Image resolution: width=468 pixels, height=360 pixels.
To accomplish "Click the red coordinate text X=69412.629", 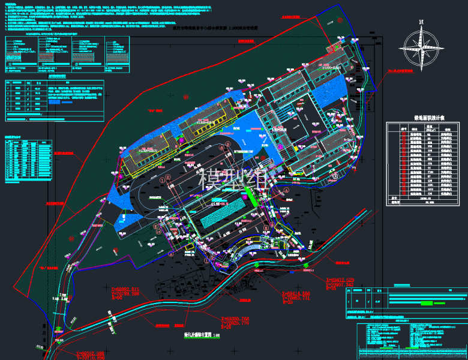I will (344, 280).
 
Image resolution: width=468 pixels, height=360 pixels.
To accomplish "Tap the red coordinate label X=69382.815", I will (130, 289).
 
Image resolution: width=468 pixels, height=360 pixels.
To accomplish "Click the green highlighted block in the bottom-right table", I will (427, 304).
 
